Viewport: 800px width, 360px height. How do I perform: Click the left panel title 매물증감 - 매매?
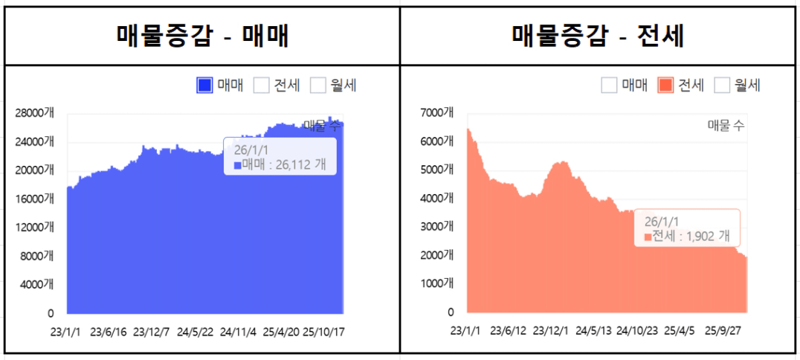(202, 35)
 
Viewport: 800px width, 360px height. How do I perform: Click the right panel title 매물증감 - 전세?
(599, 35)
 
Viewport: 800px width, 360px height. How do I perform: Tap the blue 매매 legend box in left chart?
(205, 86)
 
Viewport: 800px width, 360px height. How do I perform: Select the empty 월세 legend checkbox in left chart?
(318, 86)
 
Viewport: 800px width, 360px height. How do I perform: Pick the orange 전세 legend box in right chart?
(665, 86)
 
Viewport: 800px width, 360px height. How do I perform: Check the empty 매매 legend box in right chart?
(610, 86)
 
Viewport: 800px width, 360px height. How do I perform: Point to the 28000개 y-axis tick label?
(34, 113)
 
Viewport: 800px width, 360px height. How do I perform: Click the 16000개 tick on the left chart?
(34, 199)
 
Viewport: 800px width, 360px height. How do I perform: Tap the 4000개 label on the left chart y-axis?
(37, 284)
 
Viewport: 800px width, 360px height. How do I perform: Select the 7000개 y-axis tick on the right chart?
(437, 113)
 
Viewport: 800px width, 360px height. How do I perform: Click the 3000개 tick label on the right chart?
(437, 227)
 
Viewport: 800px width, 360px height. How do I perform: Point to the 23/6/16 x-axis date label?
(109, 332)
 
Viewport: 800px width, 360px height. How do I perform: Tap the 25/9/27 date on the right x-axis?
(723, 330)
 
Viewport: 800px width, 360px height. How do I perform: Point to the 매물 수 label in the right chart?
(726, 126)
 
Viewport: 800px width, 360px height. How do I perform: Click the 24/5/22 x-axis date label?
(195, 332)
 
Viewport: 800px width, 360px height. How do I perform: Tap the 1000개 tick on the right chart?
(437, 283)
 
